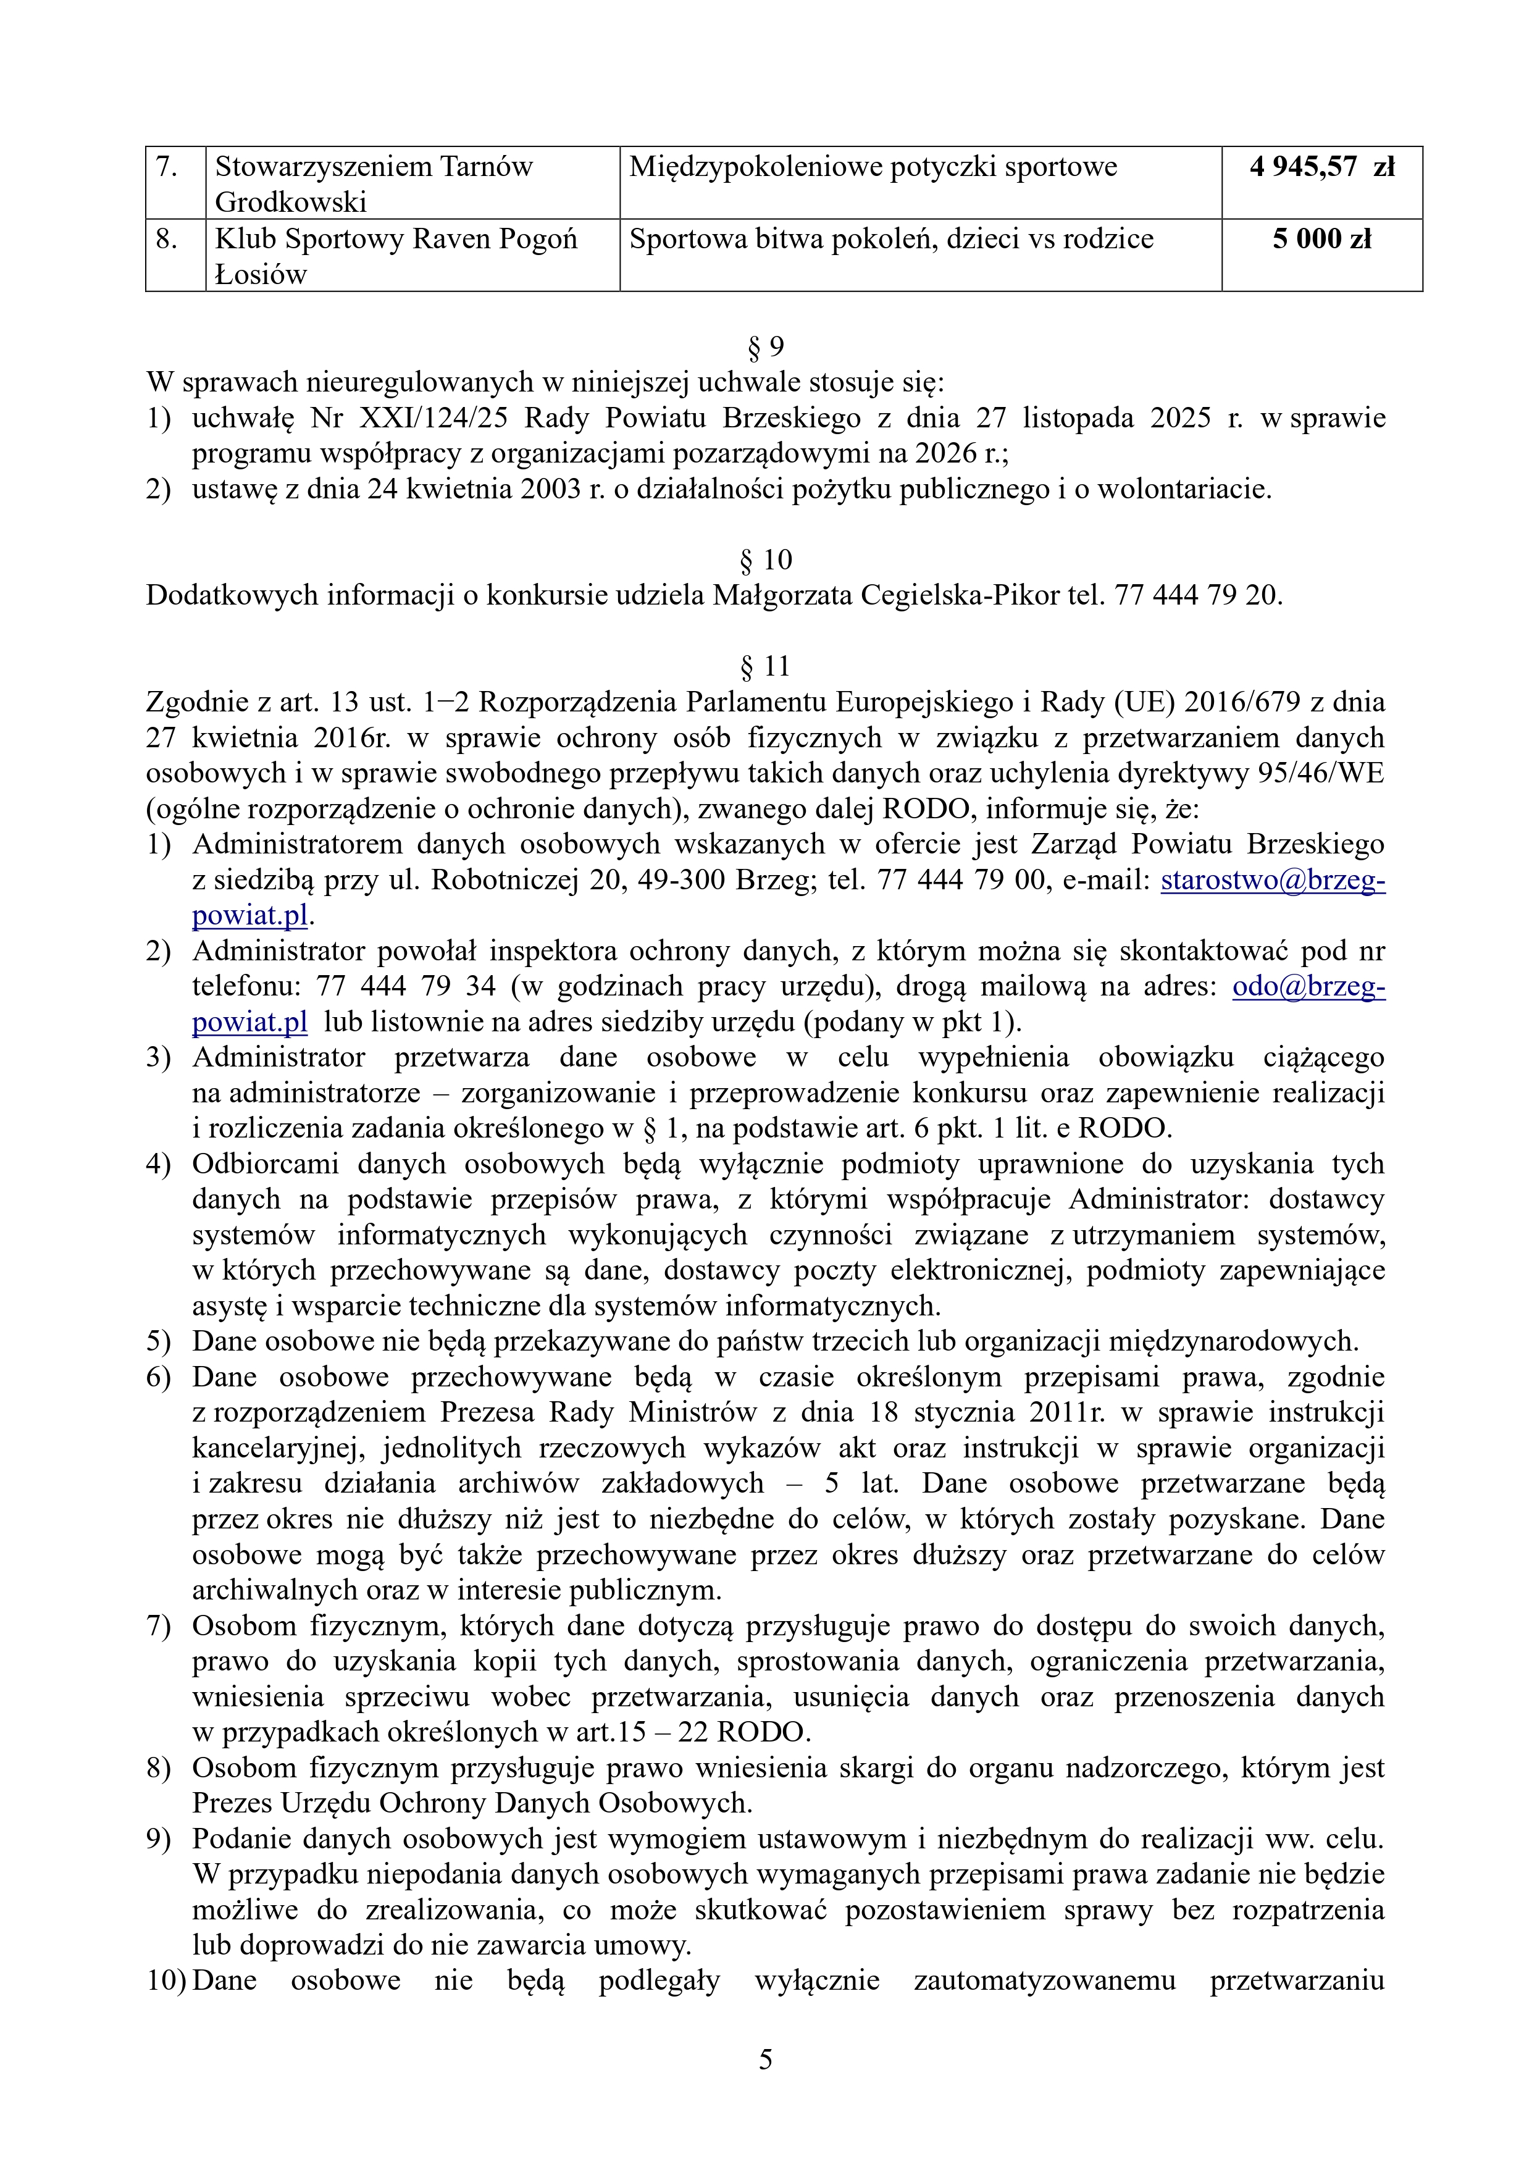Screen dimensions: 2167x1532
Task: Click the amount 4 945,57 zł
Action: tap(1321, 167)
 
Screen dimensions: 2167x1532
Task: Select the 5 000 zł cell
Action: tap(1321, 239)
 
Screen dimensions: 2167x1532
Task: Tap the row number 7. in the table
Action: tap(167, 167)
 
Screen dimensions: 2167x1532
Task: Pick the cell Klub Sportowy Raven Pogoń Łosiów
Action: tap(396, 256)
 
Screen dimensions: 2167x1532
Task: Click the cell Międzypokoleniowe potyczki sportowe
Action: tap(873, 167)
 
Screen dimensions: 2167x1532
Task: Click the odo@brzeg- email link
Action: tap(1308, 986)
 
